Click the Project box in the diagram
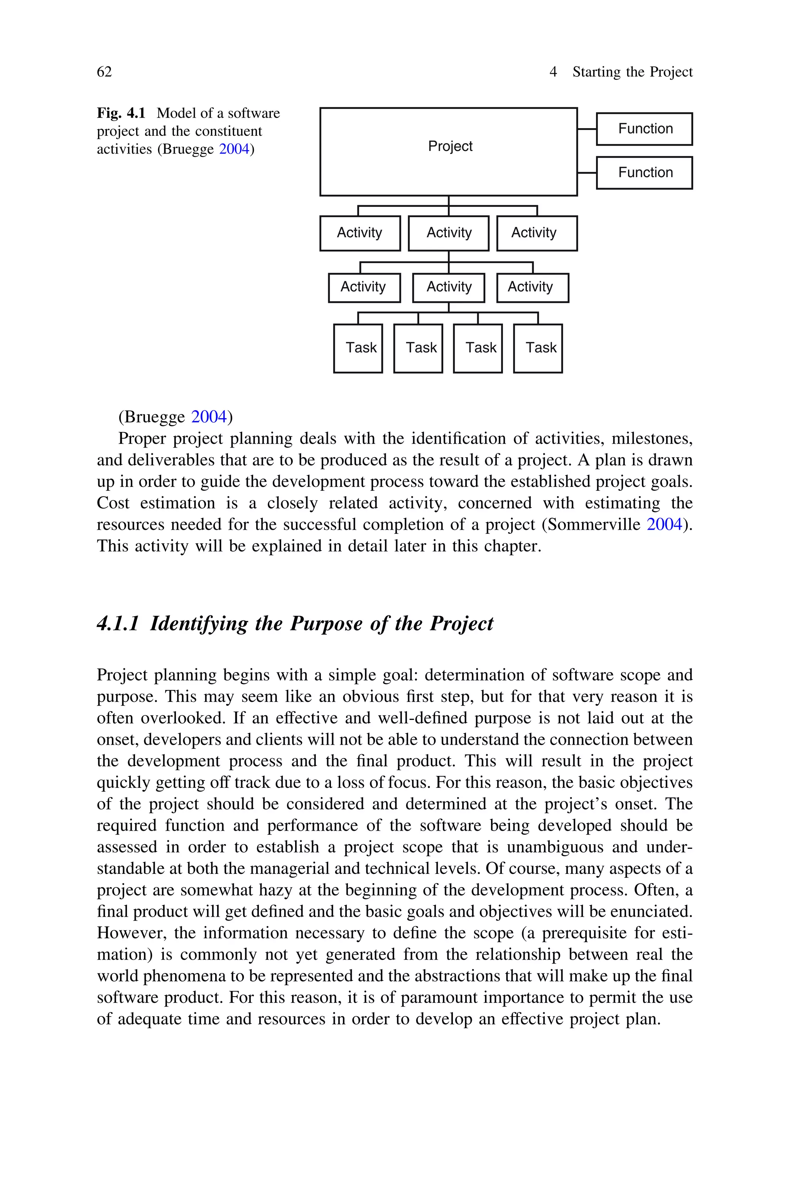(448, 151)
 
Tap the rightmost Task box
(538, 348)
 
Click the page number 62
(104, 72)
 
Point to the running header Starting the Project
(632, 72)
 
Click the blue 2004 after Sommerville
(664, 524)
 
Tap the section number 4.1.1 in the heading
(117, 624)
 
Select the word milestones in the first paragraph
(652, 438)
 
